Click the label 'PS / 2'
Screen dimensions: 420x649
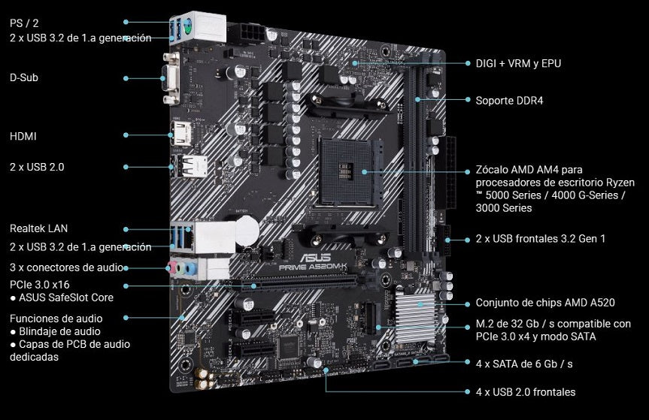click(x=24, y=23)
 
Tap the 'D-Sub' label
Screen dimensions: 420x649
click(x=25, y=77)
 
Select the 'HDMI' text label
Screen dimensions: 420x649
click(x=23, y=136)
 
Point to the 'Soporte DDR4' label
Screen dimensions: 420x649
click(x=508, y=100)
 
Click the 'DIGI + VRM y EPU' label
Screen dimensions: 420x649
click(x=518, y=63)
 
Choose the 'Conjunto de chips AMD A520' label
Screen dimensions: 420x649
click(x=545, y=303)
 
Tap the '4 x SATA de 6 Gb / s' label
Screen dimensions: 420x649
click(x=524, y=363)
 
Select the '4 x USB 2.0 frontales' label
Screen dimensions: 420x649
click(x=526, y=391)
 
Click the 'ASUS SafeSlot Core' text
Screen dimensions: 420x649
click(x=66, y=298)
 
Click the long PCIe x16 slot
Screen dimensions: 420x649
click(x=301, y=286)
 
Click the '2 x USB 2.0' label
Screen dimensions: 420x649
click(x=37, y=167)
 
